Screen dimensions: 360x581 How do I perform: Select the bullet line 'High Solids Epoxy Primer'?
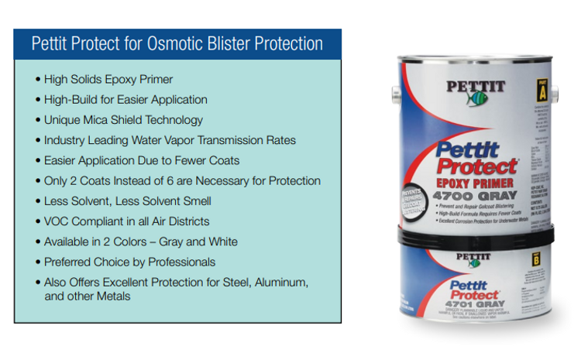point(104,79)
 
